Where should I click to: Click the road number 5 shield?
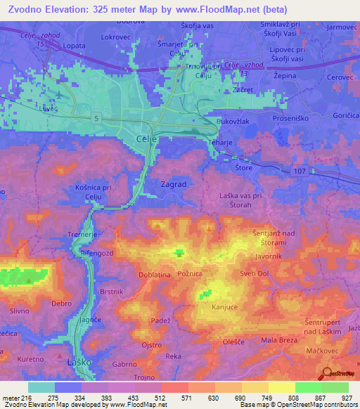point(94,118)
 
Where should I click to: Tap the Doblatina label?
point(156,275)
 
